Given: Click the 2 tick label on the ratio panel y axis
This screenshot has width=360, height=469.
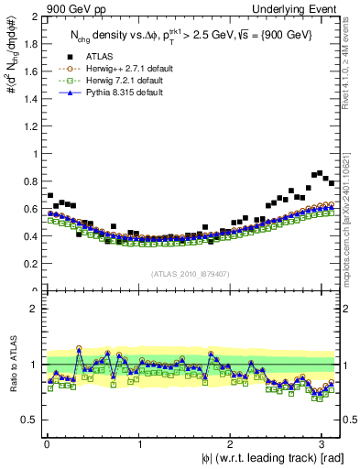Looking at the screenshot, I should (34, 309).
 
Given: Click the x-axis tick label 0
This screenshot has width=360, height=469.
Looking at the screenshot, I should (46, 445).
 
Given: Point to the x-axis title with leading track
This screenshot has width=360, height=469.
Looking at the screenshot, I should (267, 459).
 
